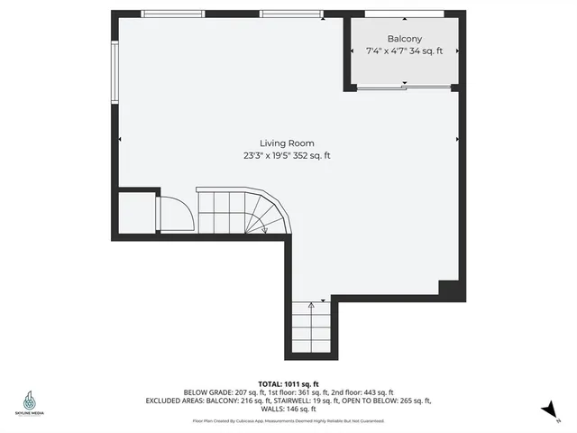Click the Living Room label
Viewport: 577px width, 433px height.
pyautogui.click(x=287, y=143)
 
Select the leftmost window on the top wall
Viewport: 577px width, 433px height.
pyautogui.click(x=172, y=14)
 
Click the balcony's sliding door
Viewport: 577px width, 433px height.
pyautogui.click(x=403, y=88)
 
